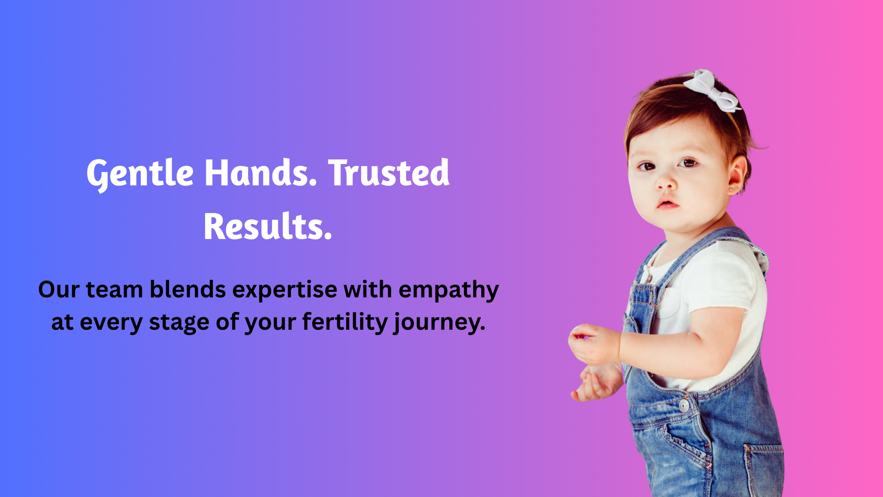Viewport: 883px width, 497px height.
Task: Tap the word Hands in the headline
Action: pyautogui.click(x=260, y=173)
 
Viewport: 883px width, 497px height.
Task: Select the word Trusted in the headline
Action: pyautogui.click(x=389, y=173)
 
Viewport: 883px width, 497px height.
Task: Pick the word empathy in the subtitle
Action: pyautogui.click(x=449, y=291)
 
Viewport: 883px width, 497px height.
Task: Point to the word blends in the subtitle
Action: pyautogui.click(x=188, y=289)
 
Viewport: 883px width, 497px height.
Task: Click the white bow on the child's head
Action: pyautogui.click(x=712, y=91)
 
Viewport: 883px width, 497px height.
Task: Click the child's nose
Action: pyautogui.click(x=666, y=182)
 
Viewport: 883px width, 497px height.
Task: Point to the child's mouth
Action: pyautogui.click(x=667, y=204)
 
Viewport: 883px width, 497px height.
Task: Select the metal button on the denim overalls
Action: pyautogui.click(x=684, y=405)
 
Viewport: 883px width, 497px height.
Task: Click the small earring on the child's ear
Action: pyautogui.click(x=731, y=190)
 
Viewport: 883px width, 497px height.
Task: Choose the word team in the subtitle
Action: pyautogui.click(x=114, y=290)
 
